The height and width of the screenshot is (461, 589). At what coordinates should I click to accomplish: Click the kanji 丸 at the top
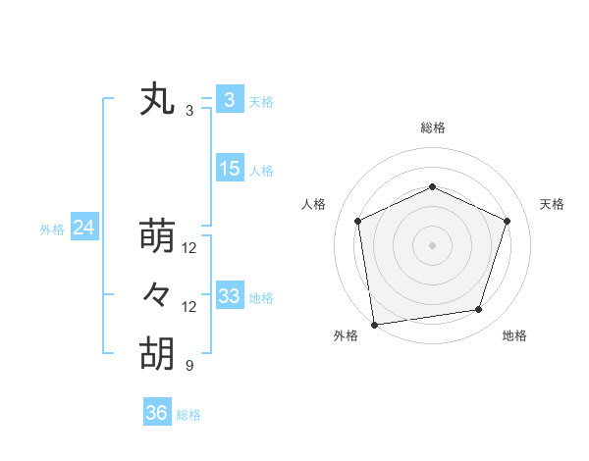point(157,101)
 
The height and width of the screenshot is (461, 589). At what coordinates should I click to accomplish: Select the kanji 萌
point(157,236)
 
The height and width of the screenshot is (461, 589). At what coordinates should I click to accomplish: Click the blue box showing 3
point(229,100)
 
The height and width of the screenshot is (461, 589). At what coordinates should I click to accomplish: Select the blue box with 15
point(230,169)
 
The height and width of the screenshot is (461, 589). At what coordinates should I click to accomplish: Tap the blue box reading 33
point(230,296)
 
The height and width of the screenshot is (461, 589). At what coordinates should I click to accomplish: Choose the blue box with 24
point(83,228)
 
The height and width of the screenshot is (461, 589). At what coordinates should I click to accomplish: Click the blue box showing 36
point(157,413)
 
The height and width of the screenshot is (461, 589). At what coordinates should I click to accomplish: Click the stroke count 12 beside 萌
point(189,248)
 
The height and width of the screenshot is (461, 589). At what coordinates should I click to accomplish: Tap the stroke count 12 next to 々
point(189,307)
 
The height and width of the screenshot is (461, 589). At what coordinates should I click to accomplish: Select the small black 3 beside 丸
point(189,112)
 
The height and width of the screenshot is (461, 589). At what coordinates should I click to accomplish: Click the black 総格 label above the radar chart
point(432,128)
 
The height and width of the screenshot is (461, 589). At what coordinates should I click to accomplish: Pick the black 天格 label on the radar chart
point(553,204)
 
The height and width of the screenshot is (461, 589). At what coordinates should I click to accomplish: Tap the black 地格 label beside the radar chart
point(514,335)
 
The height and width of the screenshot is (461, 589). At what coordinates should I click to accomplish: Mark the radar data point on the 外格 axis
point(375,323)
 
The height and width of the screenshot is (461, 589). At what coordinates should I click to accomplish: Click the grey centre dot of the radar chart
point(432,244)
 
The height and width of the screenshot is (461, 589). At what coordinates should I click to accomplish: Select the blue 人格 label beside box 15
point(261,171)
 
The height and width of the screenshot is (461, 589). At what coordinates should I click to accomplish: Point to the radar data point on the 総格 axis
point(432,186)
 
